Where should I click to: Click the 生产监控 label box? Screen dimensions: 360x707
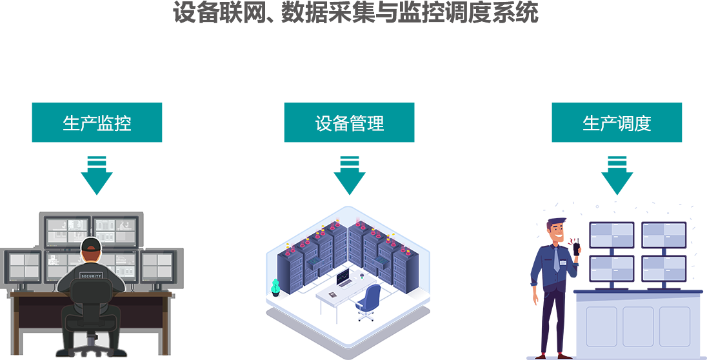97,123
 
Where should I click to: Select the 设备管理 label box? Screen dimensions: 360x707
349,123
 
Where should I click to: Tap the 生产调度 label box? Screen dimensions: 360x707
617,123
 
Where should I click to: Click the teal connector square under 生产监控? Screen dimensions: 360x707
97,175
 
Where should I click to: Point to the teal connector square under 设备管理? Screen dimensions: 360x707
350,175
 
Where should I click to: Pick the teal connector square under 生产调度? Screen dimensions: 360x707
617,175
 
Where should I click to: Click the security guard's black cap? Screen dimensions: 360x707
91,245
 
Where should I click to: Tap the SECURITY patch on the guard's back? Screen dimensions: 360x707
91,275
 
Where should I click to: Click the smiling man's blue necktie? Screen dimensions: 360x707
556,259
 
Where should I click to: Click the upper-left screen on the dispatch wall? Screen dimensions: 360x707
612,235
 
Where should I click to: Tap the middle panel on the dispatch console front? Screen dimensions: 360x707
638,326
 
